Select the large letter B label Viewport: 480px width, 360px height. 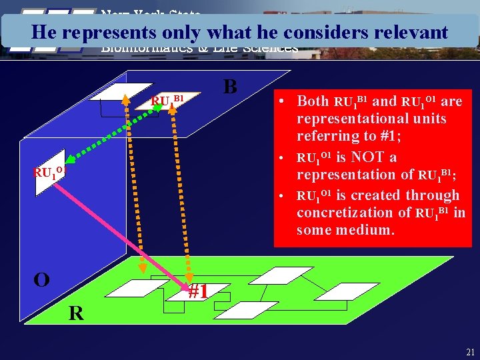(x=230, y=87)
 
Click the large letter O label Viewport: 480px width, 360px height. (x=41, y=279)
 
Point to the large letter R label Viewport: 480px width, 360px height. (x=77, y=313)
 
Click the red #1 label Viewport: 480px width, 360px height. (x=199, y=292)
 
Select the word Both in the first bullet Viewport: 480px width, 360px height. (x=313, y=101)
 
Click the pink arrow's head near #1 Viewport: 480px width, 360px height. (x=187, y=286)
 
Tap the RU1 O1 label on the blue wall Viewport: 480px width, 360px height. (x=49, y=173)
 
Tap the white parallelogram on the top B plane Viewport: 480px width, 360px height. (x=121, y=91)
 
